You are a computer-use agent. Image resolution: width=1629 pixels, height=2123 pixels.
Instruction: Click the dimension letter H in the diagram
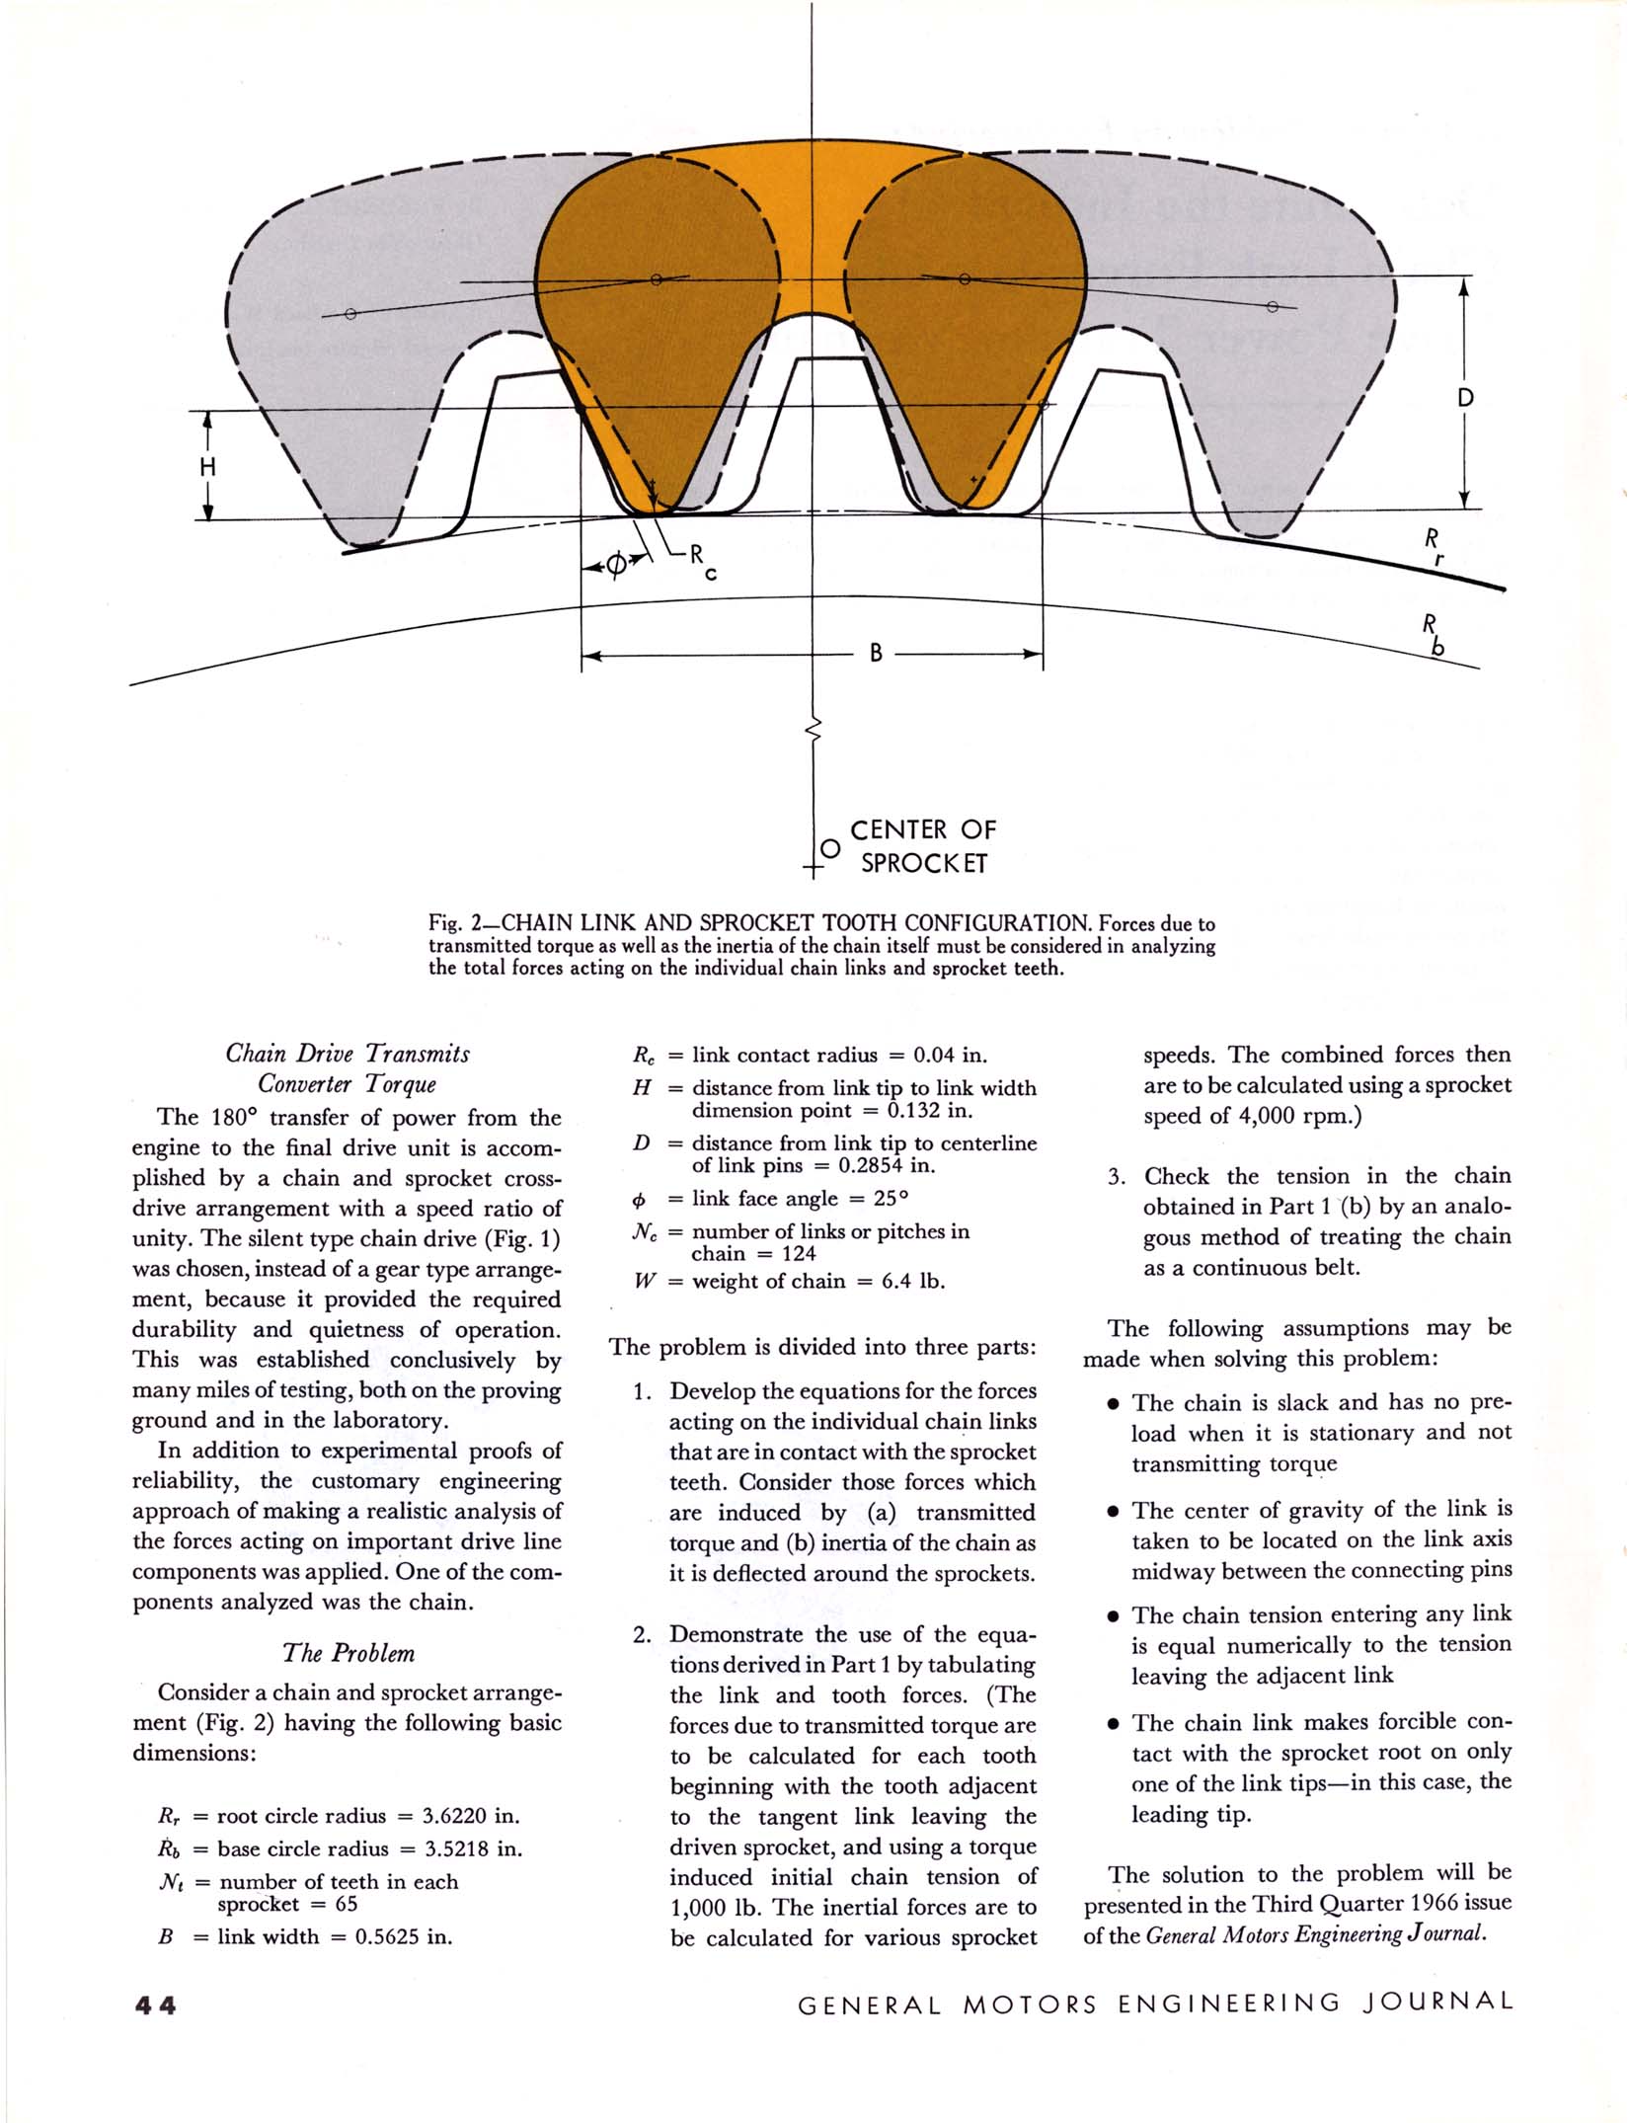(x=207, y=466)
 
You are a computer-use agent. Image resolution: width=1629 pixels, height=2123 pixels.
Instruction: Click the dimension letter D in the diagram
(x=1465, y=398)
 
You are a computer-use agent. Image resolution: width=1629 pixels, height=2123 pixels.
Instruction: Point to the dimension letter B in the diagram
(x=875, y=654)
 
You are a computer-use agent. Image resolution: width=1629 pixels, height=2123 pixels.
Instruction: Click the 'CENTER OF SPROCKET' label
(x=923, y=845)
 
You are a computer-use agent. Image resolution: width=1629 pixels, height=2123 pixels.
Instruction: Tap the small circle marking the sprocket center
(x=831, y=848)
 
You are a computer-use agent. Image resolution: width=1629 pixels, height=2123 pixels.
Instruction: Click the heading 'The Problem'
(x=348, y=1653)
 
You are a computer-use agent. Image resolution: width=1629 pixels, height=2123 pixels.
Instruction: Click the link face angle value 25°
(x=891, y=1198)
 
